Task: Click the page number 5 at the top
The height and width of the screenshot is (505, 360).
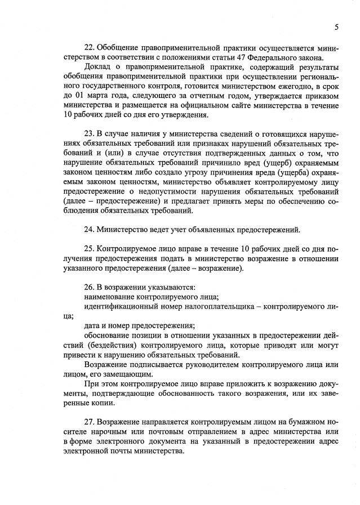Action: pyautogui.click(x=336, y=26)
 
